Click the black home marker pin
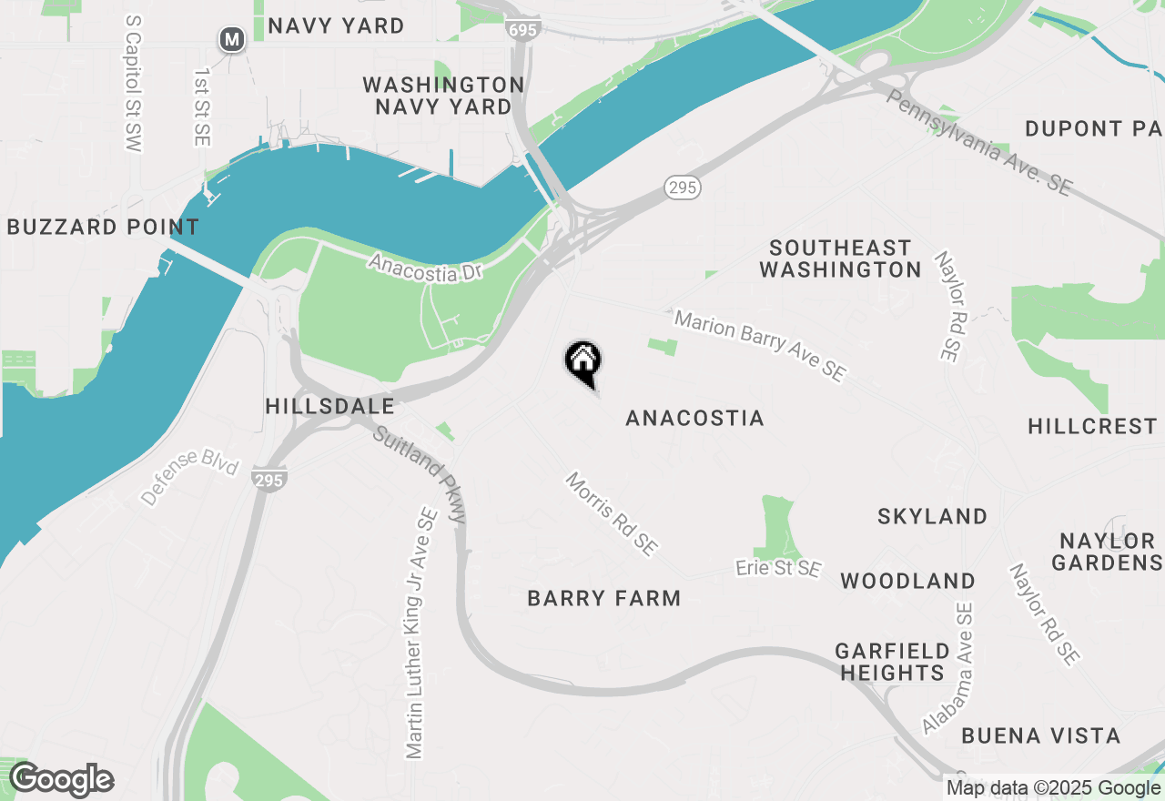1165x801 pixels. pyautogui.click(x=582, y=361)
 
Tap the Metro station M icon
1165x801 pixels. pyautogui.click(x=233, y=39)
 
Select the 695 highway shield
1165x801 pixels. pyautogui.click(x=524, y=30)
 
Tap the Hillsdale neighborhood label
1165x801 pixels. pyautogui.click(x=329, y=406)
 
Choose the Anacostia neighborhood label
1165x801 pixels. pyautogui.click(x=695, y=418)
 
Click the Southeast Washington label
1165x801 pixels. pyautogui.click(x=840, y=259)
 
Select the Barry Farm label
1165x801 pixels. pyautogui.click(x=604, y=598)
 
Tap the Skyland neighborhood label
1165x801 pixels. pyautogui.click(x=932, y=516)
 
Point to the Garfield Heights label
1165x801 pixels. pyautogui.click(x=892, y=662)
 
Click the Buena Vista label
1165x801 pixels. pyautogui.click(x=1040, y=735)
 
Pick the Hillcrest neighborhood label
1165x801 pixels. pyautogui.click(x=1092, y=426)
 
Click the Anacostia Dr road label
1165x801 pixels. pyautogui.click(x=424, y=267)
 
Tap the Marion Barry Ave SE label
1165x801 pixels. pyautogui.click(x=760, y=346)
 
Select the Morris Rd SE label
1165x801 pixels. pyautogui.click(x=611, y=514)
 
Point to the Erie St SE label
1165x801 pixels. pyautogui.click(x=778, y=569)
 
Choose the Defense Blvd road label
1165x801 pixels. pyautogui.click(x=189, y=477)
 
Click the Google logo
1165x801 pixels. pyautogui.click(x=61, y=780)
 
